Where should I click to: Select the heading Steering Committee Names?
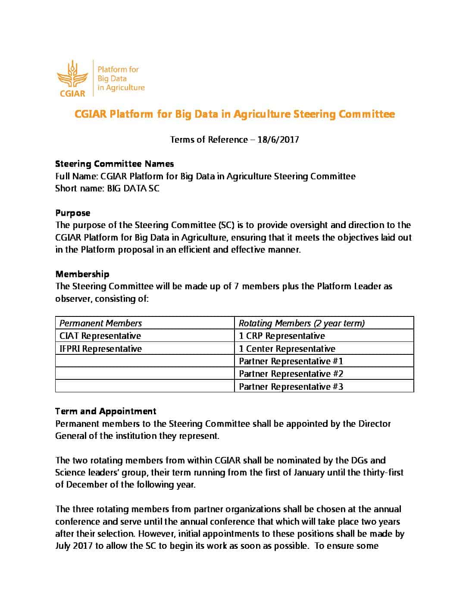(x=115, y=164)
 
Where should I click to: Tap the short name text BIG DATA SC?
(x=133, y=188)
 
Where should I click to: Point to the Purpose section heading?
(x=73, y=213)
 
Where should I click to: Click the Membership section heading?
(x=82, y=274)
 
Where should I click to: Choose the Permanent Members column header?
(x=100, y=323)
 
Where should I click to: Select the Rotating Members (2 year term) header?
(x=302, y=323)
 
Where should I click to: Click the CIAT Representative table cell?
(x=100, y=336)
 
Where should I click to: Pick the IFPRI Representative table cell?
(x=100, y=349)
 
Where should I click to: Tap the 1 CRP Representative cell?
(x=282, y=336)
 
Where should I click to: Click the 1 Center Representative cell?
(x=287, y=349)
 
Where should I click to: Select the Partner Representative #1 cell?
(x=291, y=361)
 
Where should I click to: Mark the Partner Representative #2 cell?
(x=291, y=374)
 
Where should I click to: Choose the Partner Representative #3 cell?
(x=291, y=387)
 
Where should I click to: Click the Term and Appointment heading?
(x=106, y=411)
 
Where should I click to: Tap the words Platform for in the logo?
(x=118, y=69)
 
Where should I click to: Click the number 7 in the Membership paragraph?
(x=237, y=286)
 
